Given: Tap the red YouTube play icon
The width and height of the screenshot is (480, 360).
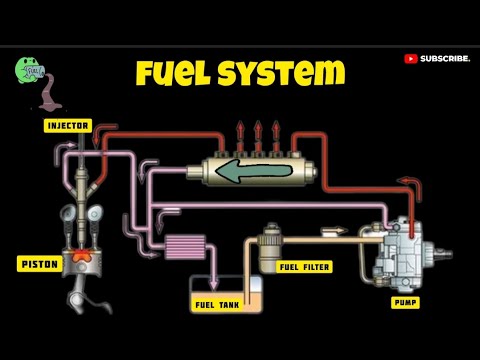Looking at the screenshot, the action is click(410, 59).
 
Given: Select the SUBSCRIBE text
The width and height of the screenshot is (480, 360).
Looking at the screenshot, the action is click(445, 59).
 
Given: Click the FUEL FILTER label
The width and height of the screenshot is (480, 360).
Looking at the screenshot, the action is click(304, 267).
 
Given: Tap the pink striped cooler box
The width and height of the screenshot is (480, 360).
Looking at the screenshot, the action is click(183, 246).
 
